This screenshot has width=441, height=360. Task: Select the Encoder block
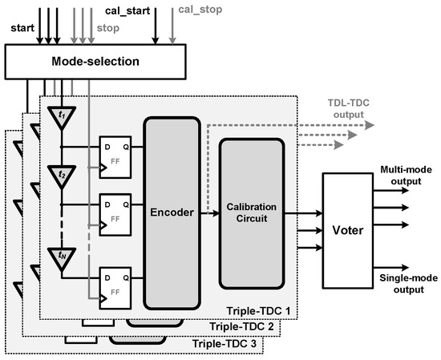[x=171, y=213]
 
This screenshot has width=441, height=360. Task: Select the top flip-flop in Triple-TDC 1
[x=114, y=156]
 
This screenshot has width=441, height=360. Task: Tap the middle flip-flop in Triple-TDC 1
[x=114, y=213]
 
